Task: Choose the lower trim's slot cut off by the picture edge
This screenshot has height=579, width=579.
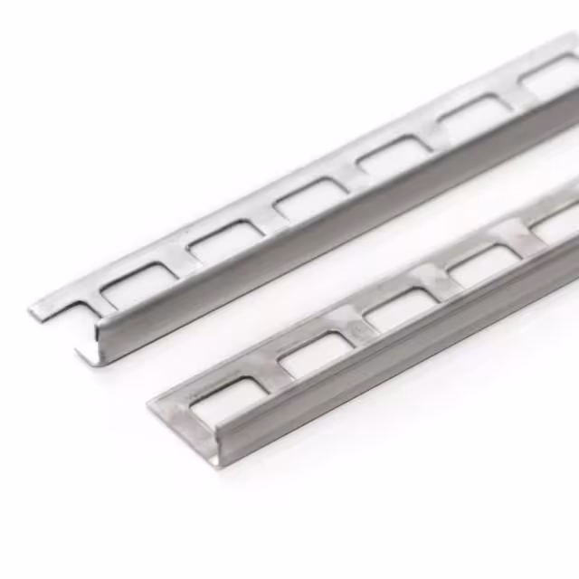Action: point(554,226)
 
